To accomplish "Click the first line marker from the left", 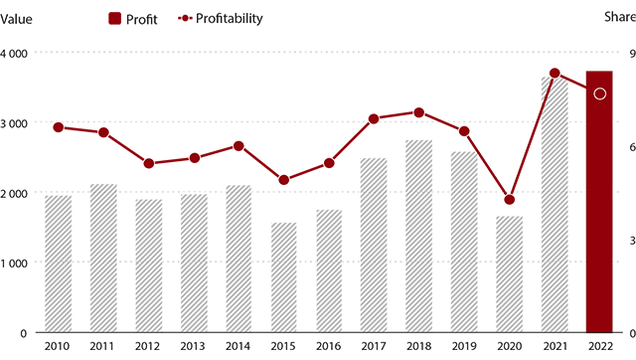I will (59, 127).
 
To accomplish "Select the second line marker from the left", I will (103, 132).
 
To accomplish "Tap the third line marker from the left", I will (149, 163).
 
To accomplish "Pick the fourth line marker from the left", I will (195, 157).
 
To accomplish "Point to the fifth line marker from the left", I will (238, 146).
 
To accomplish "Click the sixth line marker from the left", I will (284, 180).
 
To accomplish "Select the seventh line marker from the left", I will (329, 162).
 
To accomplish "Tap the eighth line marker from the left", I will (374, 119).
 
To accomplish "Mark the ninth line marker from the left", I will (419, 112).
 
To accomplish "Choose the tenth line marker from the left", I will (464, 131).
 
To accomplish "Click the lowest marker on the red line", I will (510, 200).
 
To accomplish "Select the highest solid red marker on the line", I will (555, 73).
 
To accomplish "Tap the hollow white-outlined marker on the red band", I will (599, 93).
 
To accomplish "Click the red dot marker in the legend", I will (185, 21).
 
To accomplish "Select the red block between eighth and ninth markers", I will (397, 100).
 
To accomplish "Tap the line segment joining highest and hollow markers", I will (576, 83).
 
